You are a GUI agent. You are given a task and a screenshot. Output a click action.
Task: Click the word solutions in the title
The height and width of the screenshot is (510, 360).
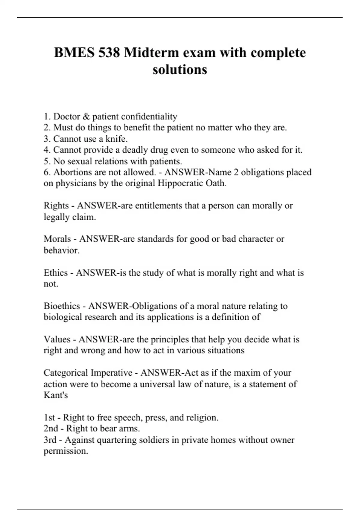click(x=180, y=70)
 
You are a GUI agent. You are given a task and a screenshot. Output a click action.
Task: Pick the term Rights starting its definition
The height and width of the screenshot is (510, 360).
click(x=56, y=206)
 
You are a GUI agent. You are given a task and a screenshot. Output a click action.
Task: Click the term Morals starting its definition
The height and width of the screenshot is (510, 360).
click(x=57, y=239)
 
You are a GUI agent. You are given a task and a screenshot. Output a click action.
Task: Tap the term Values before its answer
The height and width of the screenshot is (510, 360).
click(x=57, y=339)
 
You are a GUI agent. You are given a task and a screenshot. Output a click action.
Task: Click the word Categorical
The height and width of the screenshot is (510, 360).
click(x=66, y=373)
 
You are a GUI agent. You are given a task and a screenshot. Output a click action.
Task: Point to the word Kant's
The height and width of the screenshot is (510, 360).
click(x=56, y=395)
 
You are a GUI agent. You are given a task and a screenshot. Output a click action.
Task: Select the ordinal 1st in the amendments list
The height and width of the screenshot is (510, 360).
click(x=49, y=418)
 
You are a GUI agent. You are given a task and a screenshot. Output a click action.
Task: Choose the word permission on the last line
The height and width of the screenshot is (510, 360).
click(x=65, y=451)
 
